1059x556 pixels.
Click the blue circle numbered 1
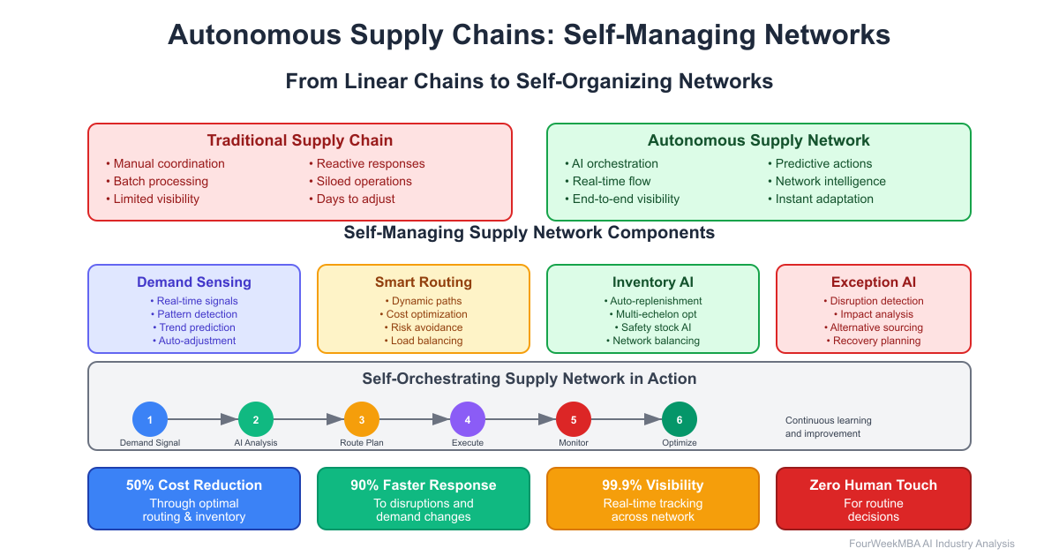click(150, 419)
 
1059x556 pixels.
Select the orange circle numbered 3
click(362, 419)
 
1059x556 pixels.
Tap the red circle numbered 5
click(574, 419)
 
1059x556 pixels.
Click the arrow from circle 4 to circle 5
click(521, 419)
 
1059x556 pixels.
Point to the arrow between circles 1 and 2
click(203, 419)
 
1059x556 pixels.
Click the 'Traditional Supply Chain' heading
click(300, 140)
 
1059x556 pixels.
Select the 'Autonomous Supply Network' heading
click(759, 140)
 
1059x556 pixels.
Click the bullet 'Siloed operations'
click(364, 181)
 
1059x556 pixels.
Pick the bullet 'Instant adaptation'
click(824, 199)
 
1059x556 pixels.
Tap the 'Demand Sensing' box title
click(194, 282)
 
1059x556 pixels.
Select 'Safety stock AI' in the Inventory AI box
click(653, 327)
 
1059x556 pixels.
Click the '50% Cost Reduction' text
click(194, 485)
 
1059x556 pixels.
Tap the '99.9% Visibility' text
click(653, 485)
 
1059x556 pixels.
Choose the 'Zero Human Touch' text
click(873, 485)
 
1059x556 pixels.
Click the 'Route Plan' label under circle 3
click(362, 442)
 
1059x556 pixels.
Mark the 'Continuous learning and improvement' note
click(828, 427)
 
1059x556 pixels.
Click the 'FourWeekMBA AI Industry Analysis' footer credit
click(932, 544)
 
